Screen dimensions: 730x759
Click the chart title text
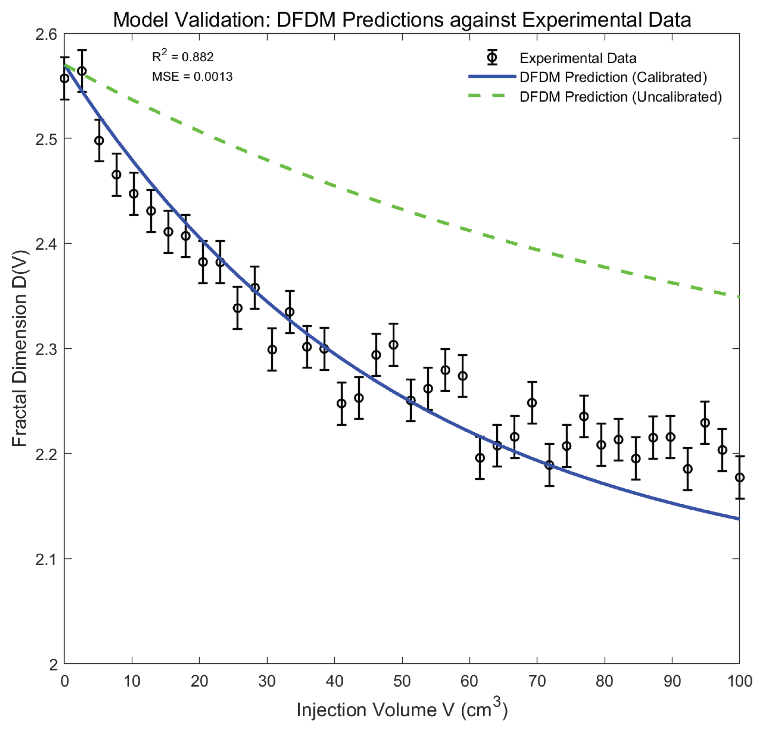[402, 19]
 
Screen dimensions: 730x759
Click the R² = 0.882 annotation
[182, 57]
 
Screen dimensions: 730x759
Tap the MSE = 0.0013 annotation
[192, 76]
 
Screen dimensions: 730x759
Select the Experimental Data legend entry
[578, 58]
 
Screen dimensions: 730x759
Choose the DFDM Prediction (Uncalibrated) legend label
[620, 97]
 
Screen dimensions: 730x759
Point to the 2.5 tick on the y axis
[46, 139]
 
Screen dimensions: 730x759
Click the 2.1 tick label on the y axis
[46, 559]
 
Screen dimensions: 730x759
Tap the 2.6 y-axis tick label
[46, 34]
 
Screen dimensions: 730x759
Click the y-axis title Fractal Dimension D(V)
[19, 348]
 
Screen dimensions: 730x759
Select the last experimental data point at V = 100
[739, 478]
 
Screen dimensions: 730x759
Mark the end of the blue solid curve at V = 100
[738, 518]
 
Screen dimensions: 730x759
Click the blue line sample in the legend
[492, 76]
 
